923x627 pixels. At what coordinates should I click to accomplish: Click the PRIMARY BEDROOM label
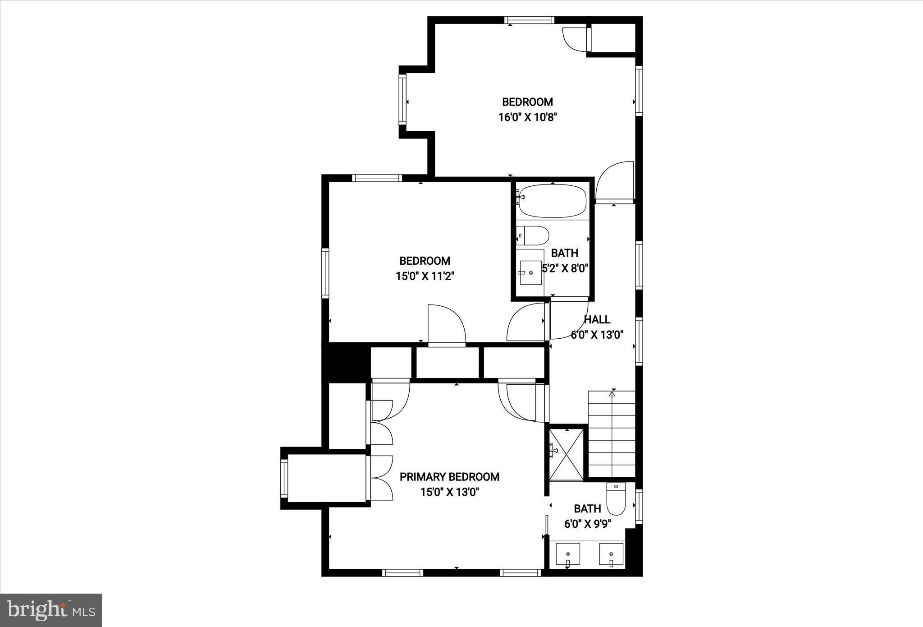449,477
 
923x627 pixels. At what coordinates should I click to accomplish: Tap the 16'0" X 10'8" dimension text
528,118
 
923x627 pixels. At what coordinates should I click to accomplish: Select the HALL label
597,320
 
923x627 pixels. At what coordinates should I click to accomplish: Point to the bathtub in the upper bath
553,201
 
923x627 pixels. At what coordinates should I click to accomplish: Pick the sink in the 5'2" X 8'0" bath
530,272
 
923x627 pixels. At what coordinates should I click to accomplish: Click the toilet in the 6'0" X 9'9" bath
616,500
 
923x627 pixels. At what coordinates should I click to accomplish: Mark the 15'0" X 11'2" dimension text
425,277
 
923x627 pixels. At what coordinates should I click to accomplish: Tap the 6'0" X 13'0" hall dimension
597,335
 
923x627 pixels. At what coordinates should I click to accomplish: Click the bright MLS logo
51,610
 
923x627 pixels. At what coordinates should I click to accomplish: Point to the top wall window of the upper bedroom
529,20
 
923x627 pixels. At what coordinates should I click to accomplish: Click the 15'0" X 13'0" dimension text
449,492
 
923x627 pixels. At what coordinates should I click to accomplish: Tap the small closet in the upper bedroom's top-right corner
612,38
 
